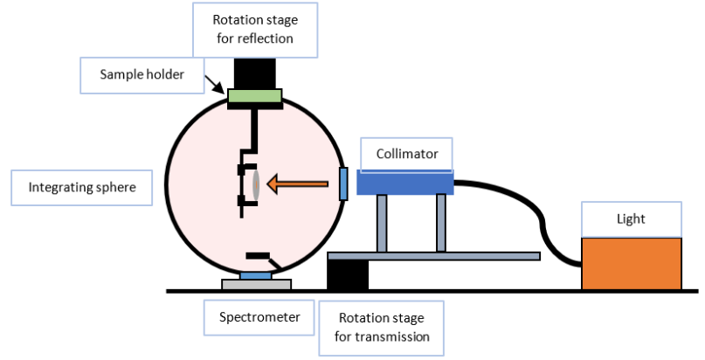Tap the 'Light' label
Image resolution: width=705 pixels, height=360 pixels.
click(631, 219)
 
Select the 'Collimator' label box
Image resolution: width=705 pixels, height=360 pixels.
click(407, 154)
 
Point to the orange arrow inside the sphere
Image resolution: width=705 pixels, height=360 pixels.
click(298, 183)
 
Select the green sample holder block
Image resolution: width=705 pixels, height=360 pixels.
click(254, 99)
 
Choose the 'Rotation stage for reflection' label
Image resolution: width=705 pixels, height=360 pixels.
click(253, 29)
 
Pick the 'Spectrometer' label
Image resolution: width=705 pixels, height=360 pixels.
click(259, 317)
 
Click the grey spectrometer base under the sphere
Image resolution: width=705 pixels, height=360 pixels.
click(256, 284)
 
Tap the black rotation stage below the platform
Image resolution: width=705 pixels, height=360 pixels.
click(347, 274)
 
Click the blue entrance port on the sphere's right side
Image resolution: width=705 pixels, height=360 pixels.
click(343, 183)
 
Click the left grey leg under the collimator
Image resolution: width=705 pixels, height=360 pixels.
click(382, 224)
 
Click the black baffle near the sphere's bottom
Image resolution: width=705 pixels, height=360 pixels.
click(259, 256)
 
